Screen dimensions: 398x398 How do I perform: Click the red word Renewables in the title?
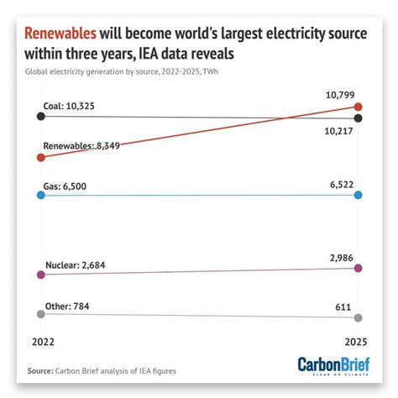[x=60, y=34]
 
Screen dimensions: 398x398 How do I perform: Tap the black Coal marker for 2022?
[x=39, y=116]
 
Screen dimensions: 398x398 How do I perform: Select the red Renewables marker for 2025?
[x=359, y=107]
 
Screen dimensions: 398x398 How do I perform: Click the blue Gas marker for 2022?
[x=39, y=195]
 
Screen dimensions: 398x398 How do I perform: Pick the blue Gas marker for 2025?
[x=359, y=195]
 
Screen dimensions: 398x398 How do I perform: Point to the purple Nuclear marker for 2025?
[x=359, y=268]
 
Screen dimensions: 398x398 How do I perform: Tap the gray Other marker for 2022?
[x=39, y=313]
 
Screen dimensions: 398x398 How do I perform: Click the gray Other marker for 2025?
[x=359, y=317]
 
